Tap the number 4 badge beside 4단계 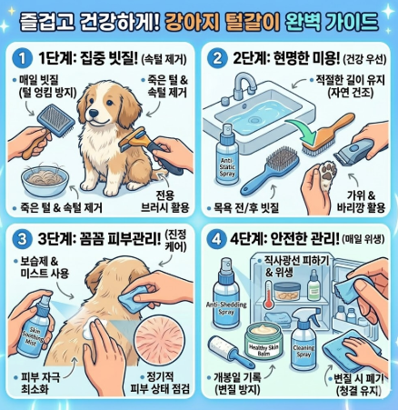[x=217, y=243]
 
